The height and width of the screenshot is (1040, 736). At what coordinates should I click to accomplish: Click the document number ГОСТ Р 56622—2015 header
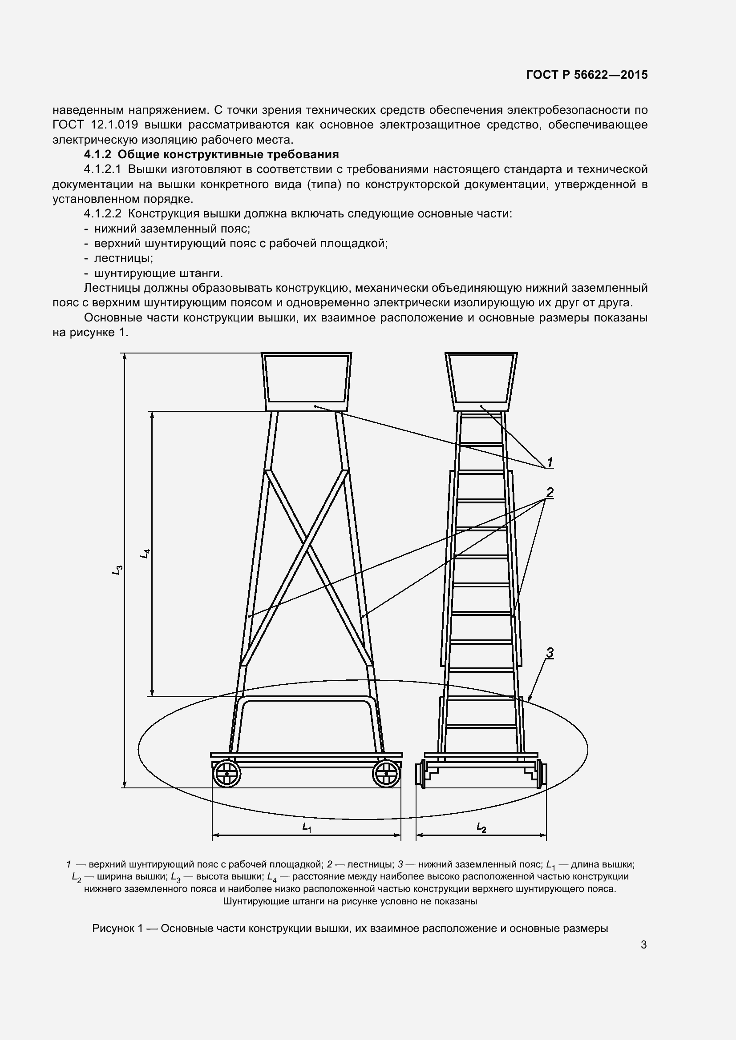(x=587, y=75)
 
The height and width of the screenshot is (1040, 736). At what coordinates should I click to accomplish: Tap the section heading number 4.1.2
(x=97, y=154)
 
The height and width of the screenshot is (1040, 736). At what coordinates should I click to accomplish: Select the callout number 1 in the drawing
(x=550, y=462)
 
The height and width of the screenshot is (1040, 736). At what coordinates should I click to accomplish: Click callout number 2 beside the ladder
(x=550, y=493)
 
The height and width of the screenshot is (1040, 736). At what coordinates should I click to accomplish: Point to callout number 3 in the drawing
(x=550, y=653)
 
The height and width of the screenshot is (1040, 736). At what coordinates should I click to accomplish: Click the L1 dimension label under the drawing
(x=307, y=827)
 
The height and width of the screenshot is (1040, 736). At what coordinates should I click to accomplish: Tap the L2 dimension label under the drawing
(x=481, y=827)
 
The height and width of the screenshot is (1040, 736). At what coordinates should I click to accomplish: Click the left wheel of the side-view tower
(x=226, y=774)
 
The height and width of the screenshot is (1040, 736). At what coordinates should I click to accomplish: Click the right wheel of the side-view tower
(x=386, y=774)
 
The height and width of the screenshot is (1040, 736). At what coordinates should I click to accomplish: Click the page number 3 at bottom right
(x=643, y=945)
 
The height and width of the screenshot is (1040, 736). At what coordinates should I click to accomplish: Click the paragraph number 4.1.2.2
(x=102, y=214)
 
